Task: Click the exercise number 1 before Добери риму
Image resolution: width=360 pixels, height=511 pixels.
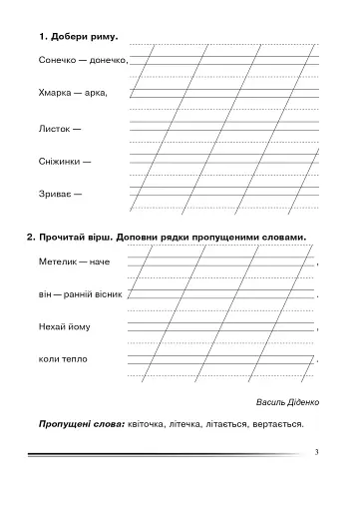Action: pyautogui.click(x=43, y=37)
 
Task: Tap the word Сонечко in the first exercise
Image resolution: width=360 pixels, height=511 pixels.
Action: pyautogui.click(x=57, y=60)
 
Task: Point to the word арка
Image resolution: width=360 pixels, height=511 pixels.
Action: pyautogui.click(x=97, y=93)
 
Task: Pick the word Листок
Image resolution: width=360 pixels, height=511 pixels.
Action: pyautogui.click(x=53, y=128)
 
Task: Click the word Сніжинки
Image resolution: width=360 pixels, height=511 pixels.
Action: pyautogui.click(x=58, y=161)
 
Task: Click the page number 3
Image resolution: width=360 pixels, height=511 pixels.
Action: pyautogui.click(x=314, y=454)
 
